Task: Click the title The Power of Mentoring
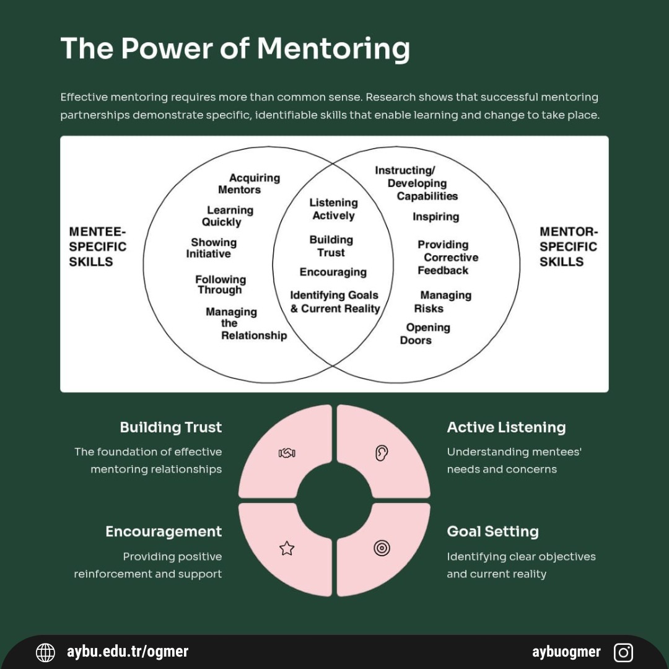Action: point(235,48)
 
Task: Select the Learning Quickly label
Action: point(227,216)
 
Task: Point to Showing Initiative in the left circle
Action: point(211,248)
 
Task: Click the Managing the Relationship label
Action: point(246,323)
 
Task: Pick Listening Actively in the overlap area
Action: point(333,209)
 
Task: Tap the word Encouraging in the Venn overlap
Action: point(333,272)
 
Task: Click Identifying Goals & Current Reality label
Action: point(334,302)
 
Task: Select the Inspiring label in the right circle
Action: point(435,216)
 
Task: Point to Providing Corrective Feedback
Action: point(446,257)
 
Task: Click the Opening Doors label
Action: point(426,333)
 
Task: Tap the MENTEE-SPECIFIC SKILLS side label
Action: point(98,247)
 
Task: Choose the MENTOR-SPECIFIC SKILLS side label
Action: point(568,247)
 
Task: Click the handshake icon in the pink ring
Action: point(287,453)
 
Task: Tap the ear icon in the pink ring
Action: point(382,453)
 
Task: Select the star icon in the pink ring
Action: point(287,548)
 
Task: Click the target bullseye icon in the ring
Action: point(382,548)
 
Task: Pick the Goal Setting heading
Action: point(492,531)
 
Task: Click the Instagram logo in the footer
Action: point(623,652)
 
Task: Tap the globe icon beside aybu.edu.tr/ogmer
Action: point(45,652)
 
